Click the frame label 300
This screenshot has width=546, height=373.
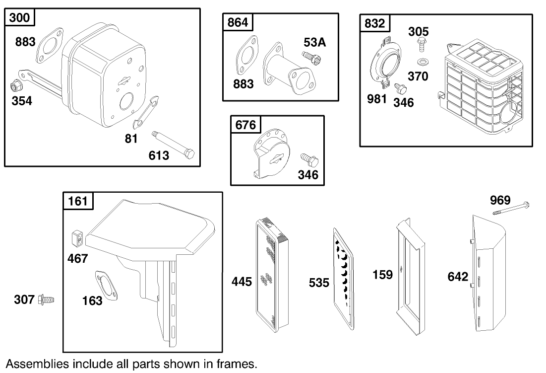pyautogui.click(x=19, y=17)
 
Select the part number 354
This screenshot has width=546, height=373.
pyautogui.click(x=22, y=101)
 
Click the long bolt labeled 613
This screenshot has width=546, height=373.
pyautogui.click(x=173, y=146)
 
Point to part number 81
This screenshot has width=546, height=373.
pyautogui.click(x=131, y=139)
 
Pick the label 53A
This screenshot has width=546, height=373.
pyautogui.click(x=314, y=42)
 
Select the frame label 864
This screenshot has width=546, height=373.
pyautogui.click(x=238, y=22)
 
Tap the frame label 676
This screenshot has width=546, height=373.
pyautogui.click(x=245, y=125)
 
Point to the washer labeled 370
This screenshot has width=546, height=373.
pyautogui.click(x=423, y=63)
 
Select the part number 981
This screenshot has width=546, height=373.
pyautogui.click(x=377, y=99)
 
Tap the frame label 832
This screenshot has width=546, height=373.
pyautogui.click(x=374, y=23)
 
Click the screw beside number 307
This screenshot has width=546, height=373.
pyautogui.click(x=46, y=299)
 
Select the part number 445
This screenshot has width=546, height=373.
pyautogui.click(x=242, y=281)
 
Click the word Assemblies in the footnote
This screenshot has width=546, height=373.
pyautogui.click(x=38, y=364)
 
